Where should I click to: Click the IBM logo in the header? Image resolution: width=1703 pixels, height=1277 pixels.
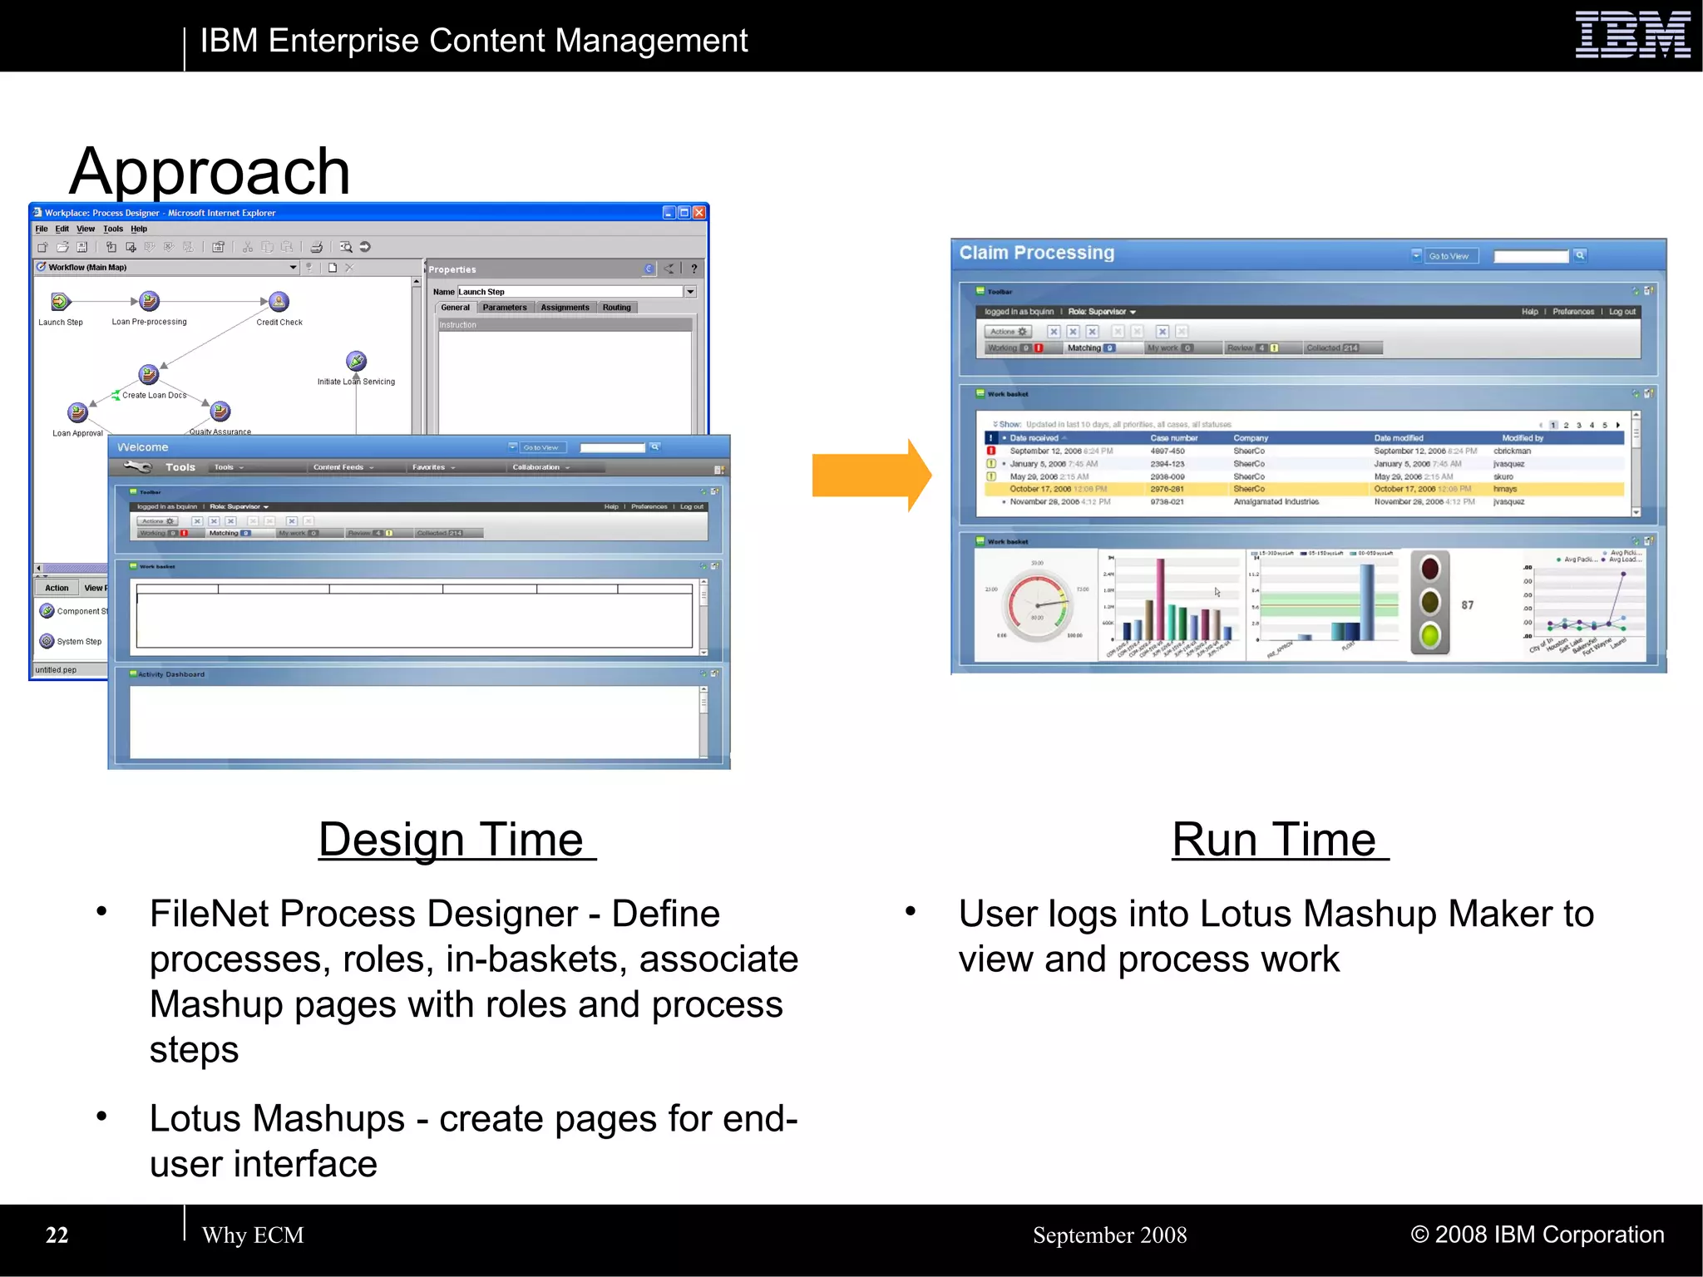[1632, 35]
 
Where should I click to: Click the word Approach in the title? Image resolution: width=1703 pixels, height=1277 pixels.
[210, 170]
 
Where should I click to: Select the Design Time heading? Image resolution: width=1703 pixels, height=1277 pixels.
[457, 839]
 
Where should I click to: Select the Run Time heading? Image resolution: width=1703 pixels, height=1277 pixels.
[1279, 839]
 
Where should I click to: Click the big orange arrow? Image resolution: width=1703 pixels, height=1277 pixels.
[870, 475]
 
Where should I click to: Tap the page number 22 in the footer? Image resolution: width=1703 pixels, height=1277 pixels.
[57, 1235]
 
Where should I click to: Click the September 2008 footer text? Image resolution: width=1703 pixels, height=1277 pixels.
[1109, 1235]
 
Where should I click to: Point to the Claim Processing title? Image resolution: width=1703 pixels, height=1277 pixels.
[1036, 253]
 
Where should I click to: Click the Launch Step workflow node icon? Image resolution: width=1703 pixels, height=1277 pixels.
[60, 302]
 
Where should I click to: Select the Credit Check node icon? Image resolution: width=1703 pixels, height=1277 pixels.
[279, 301]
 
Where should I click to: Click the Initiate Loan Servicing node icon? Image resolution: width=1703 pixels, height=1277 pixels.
[356, 361]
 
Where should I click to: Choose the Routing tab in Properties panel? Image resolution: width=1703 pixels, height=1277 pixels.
[616, 308]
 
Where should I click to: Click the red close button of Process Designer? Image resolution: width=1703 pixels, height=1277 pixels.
[699, 213]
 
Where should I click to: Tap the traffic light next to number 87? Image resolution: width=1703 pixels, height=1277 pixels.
[1429, 603]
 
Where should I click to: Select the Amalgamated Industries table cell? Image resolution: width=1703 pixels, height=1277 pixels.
[1276, 502]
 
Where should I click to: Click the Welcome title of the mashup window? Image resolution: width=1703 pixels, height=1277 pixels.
[143, 447]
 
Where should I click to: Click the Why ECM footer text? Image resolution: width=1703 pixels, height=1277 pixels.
[253, 1235]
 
